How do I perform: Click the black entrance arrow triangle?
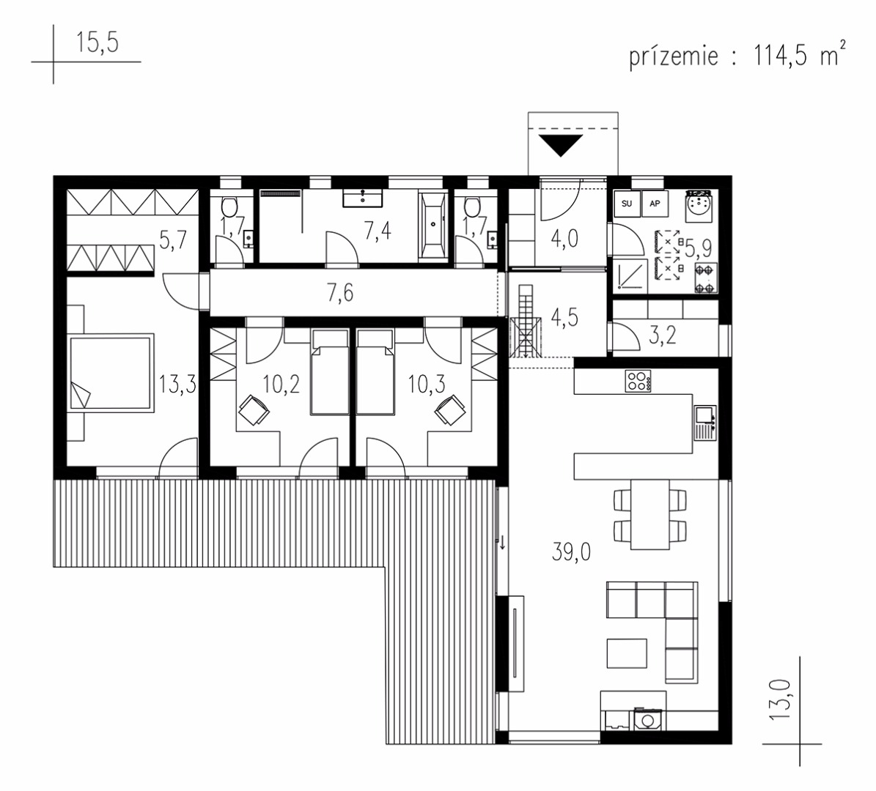562,144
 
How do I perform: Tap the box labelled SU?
627,204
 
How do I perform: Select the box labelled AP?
655,204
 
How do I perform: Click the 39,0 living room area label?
571,552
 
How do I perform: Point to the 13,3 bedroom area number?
177,384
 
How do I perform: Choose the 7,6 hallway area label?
339,292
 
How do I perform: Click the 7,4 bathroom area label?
378,230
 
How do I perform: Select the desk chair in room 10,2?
254,410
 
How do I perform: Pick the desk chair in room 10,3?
450,410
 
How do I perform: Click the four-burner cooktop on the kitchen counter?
638,381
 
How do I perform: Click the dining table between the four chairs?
649,513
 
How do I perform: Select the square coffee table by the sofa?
627,653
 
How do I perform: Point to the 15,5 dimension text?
97,42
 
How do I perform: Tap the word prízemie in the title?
673,56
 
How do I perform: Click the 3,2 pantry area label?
663,335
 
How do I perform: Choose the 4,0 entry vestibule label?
564,238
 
